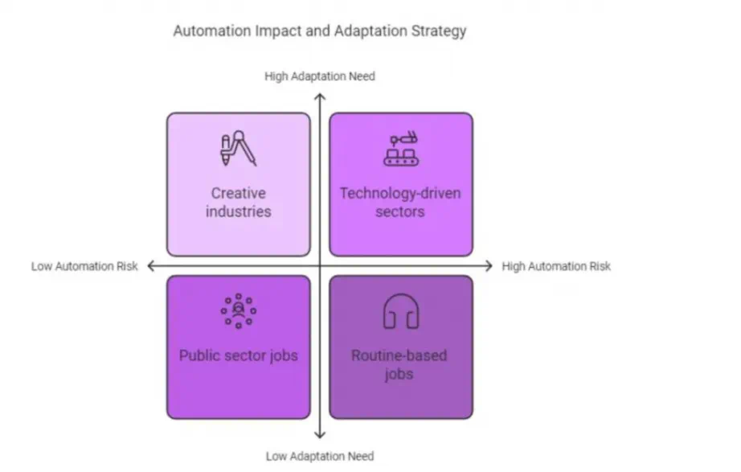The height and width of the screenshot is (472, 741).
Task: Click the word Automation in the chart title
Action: (212, 31)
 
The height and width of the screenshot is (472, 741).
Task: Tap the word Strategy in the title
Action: (439, 31)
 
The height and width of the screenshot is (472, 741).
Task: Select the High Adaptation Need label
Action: (320, 76)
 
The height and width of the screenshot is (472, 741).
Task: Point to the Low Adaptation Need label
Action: (320, 457)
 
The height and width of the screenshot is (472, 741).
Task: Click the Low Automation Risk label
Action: (84, 266)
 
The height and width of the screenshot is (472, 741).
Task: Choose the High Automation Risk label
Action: (556, 266)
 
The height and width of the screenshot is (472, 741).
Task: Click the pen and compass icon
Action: (239, 149)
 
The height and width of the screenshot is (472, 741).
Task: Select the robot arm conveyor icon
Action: (401, 149)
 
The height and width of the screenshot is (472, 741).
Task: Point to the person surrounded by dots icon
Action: (239, 310)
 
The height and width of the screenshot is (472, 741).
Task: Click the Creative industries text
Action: (239, 203)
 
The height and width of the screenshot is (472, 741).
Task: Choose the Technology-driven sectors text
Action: (400, 203)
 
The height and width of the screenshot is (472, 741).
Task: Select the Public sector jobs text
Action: (239, 356)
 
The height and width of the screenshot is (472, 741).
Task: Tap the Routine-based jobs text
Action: (399, 365)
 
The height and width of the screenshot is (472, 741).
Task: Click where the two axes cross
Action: (320, 266)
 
